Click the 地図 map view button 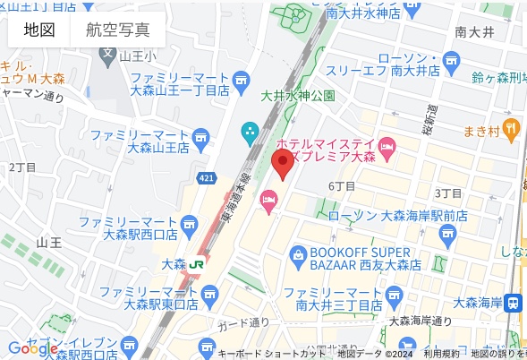pos(39,30)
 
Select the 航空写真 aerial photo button pos(118,30)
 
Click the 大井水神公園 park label pos(297,95)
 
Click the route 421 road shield pos(207,179)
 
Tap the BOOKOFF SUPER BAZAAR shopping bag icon pos(299,257)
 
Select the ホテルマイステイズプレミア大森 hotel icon pos(388,146)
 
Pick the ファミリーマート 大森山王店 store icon pos(200,137)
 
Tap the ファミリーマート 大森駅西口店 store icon pos(189,226)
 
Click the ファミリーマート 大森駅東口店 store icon pos(210,294)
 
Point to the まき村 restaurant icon pos(511,128)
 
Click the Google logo pos(33,348)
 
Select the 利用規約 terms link pos(442,354)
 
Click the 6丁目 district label pos(342,186)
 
